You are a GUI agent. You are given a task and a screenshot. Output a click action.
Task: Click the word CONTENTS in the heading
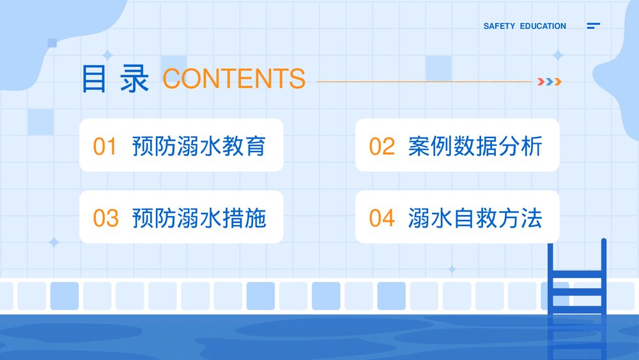pos(234,78)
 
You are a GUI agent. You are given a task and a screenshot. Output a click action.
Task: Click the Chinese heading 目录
pos(115,79)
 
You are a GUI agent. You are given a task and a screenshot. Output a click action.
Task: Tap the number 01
pos(105,146)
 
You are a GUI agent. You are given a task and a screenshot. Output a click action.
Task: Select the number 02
pos(382,146)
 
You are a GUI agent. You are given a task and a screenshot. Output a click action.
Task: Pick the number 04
pos(382,218)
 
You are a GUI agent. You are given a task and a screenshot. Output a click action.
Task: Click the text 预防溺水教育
pos(198,146)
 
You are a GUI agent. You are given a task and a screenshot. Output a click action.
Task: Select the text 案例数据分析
pos(475,146)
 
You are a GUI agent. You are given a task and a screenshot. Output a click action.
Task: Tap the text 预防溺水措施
pos(198,218)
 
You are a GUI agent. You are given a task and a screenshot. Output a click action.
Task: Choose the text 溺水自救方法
pos(475,218)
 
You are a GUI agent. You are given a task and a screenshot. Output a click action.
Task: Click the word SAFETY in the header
pos(499,26)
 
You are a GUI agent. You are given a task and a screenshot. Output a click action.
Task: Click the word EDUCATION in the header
pos(543,26)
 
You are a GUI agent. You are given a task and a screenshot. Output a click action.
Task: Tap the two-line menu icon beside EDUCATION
pos(593,26)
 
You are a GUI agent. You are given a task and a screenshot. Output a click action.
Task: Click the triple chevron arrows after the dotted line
pos(549,81)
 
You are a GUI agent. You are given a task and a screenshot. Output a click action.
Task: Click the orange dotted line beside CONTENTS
pos(424,82)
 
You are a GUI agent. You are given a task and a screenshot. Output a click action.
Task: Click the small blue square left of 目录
pos(52,43)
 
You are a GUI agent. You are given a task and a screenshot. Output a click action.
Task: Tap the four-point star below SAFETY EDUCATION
pos(558,56)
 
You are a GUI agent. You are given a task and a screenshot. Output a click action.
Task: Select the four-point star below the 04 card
pos(452,269)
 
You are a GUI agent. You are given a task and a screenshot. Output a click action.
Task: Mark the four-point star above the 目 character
pos(107,55)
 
